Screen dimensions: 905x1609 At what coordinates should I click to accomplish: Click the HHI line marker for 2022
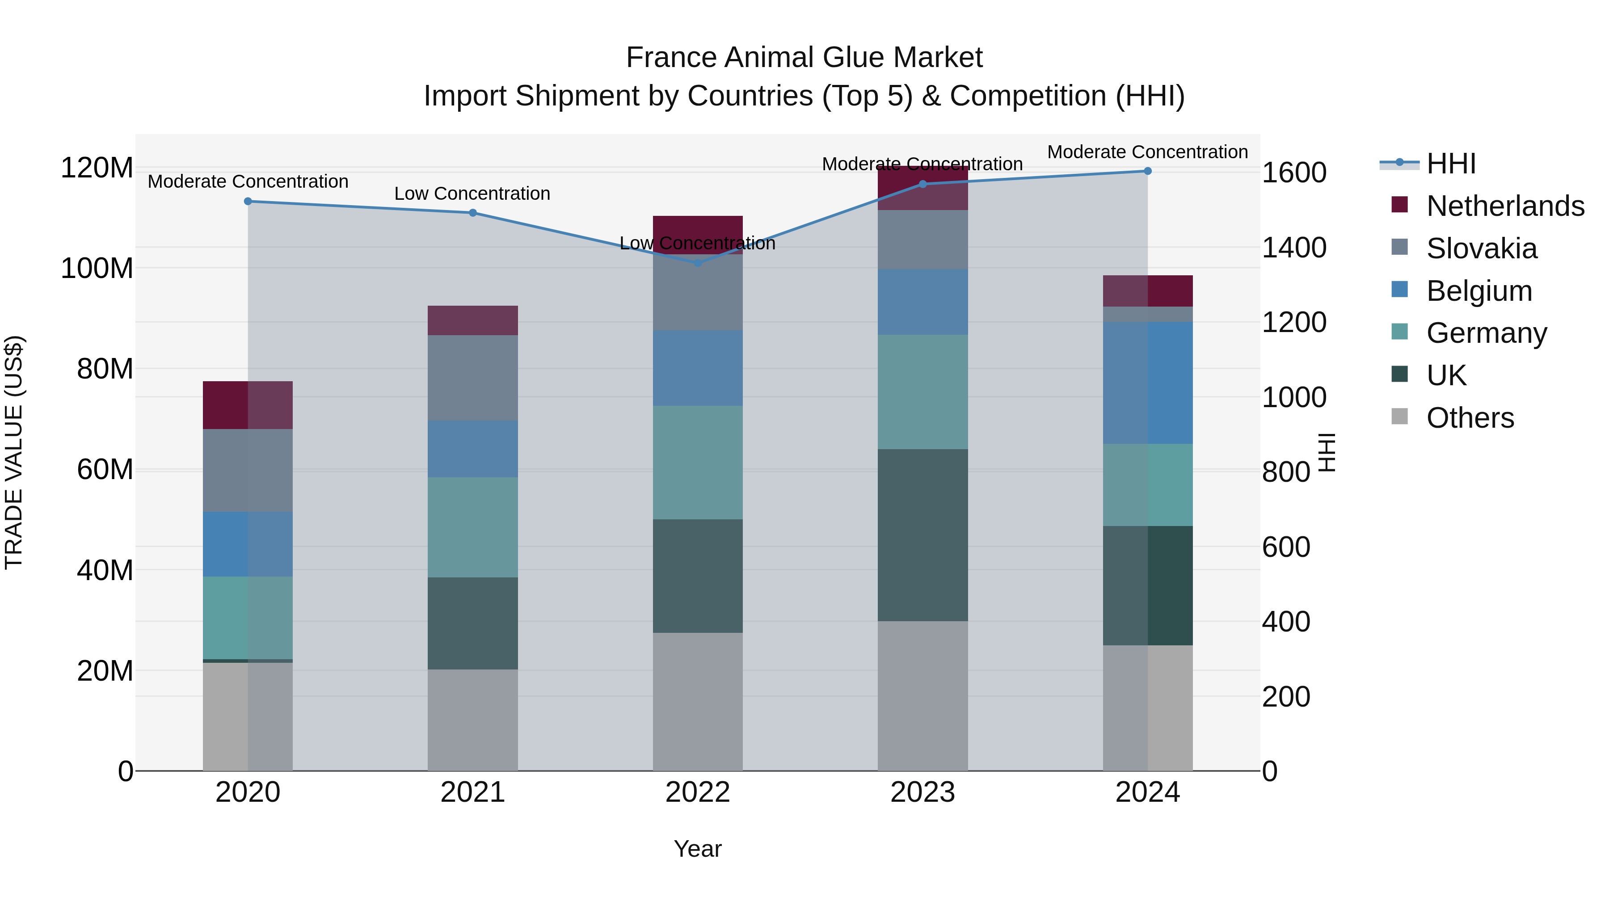[x=698, y=263]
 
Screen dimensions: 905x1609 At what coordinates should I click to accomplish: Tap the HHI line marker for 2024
[x=1147, y=171]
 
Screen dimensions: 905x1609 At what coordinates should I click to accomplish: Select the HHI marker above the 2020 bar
[x=248, y=201]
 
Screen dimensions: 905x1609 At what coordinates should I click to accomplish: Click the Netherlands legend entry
[x=1504, y=206]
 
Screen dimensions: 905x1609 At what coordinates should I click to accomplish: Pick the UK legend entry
[x=1445, y=375]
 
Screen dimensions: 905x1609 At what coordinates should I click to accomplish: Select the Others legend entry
[x=1470, y=418]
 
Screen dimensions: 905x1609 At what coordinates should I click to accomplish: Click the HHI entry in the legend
[x=1450, y=164]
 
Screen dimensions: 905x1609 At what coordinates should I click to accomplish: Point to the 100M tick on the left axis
[x=97, y=269]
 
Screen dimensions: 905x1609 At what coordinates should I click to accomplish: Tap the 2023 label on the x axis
[x=922, y=792]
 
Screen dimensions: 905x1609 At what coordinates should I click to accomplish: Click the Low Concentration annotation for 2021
[x=472, y=194]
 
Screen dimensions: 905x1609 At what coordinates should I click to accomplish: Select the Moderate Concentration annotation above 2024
[x=1147, y=152]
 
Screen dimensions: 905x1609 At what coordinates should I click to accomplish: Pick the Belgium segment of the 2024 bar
[x=1147, y=383]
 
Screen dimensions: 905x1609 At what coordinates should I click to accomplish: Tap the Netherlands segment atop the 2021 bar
[x=473, y=320]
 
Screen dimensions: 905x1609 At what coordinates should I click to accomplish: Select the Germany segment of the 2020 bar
[x=248, y=618]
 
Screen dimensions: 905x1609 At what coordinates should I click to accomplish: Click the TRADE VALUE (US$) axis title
[x=14, y=452]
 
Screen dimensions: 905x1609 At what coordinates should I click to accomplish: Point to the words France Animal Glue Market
[x=804, y=58]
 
